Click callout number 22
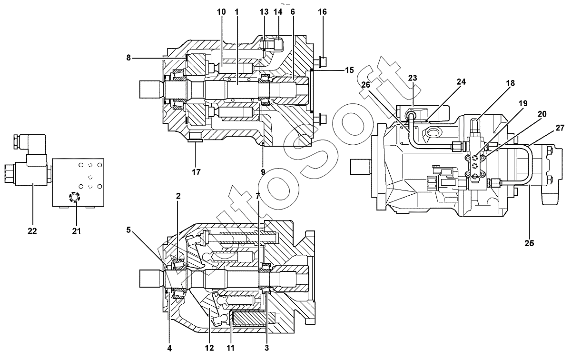pyautogui.click(x=32, y=231)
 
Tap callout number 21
pyautogui.click(x=77, y=231)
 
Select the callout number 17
pyautogui.click(x=196, y=172)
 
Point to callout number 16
pyautogui.click(x=323, y=12)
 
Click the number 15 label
pyautogui.click(x=349, y=70)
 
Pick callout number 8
pyautogui.click(x=128, y=58)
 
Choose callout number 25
pyautogui.click(x=529, y=243)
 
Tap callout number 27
pyautogui.click(x=560, y=128)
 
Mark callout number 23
pyautogui.click(x=413, y=78)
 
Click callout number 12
pyautogui.click(x=209, y=348)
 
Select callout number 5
pyautogui.click(x=128, y=230)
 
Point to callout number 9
pyautogui.click(x=263, y=172)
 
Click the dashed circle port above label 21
pyautogui.click(x=74, y=197)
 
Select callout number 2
pyautogui.click(x=178, y=196)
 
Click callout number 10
pyautogui.click(x=221, y=12)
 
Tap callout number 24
pyautogui.click(x=461, y=81)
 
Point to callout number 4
pyautogui.click(x=169, y=348)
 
